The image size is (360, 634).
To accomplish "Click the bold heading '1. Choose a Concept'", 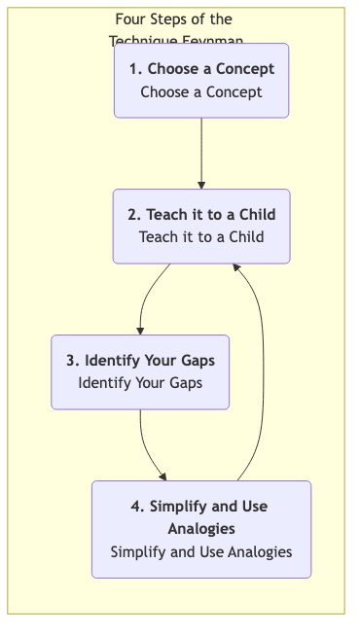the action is (x=201, y=69).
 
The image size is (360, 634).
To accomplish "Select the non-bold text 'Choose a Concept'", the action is (x=201, y=92).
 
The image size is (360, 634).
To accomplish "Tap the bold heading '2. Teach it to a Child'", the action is (x=201, y=215).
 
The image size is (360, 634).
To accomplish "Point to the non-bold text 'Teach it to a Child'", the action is (x=201, y=236).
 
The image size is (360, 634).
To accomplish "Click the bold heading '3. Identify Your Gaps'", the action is (x=140, y=361).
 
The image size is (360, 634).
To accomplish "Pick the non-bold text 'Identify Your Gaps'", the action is (x=140, y=382).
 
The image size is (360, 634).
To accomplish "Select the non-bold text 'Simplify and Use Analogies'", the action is (x=201, y=551).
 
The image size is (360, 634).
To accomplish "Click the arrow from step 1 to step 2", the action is (x=201, y=151).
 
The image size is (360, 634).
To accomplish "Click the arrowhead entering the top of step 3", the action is (x=140, y=331).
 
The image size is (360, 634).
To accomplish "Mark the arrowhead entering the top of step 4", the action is (x=163, y=476).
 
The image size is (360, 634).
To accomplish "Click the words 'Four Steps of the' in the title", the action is (x=173, y=19).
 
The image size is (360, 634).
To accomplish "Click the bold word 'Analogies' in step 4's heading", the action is (x=201, y=528).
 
